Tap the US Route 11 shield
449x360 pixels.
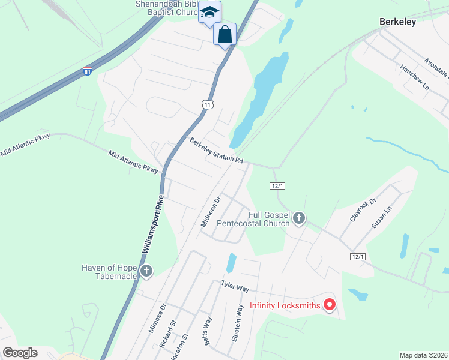pyautogui.click(x=208, y=104)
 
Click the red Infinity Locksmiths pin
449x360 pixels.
pyautogui.click(x=329, y=305)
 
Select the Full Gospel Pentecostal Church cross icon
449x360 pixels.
pyautogui.click(x=299, y=219)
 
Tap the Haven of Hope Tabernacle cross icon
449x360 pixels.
pyautogui.click(x=146, y=272)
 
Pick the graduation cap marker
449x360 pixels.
pyautogui.click(x=210, y=13)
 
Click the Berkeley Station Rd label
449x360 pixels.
pyautogui.click(x=217, y=152)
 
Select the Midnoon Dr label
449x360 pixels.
pyautogui.click(x=212, y=211)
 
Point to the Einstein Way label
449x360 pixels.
pyautogui.click(x=238, y=323)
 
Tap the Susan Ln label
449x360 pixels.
pyautogui.click(x=381, y=217)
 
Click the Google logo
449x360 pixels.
pyautogui.click(x=20, y=353)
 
